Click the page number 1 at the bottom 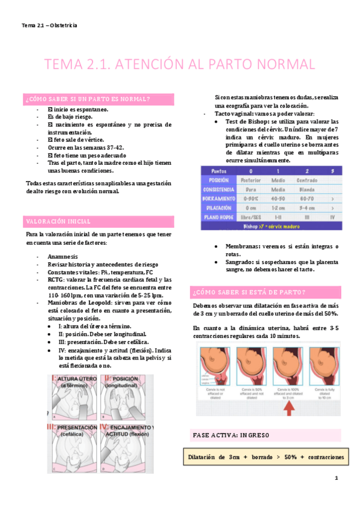337,479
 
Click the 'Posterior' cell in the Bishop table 250,180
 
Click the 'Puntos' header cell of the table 219,171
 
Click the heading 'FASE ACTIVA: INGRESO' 231,434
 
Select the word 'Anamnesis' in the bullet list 64,256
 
